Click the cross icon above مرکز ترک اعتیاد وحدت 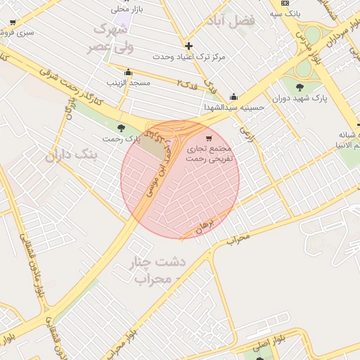pyautogui.click(x=188, y=46)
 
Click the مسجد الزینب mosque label pyautogui.click(x=129, y=83)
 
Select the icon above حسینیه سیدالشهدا pyautogui.click(x=233, y=97)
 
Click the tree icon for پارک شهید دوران pyautogui.click(x=300, y=87)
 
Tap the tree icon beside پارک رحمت pyautogui.click(x=121, y=128)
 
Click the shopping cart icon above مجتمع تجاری pyautogui.click(x=208, y=138)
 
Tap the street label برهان pyautogui.click(x=204, y=226)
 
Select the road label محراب pyautogui.click(x=238, y=238)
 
